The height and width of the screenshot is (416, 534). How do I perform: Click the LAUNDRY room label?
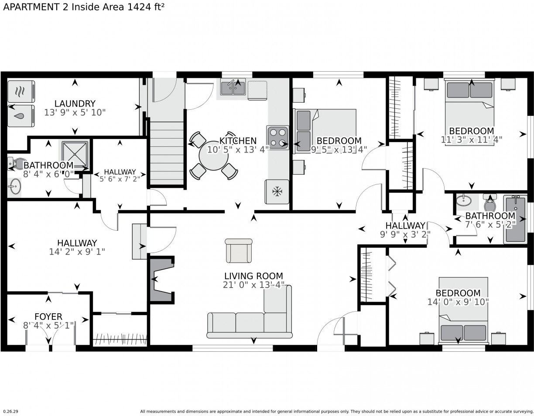pos(75,104)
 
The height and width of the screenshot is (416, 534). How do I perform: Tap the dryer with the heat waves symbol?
pos(21,91)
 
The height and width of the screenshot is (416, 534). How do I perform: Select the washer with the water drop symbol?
pos(21,116)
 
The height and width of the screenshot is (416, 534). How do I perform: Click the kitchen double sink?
pos(233,88)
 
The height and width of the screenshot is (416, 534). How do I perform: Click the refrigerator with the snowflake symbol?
pos(277,192)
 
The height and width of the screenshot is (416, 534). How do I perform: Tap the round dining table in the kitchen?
pos(213,156)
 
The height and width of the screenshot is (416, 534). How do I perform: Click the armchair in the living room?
pos(239,250)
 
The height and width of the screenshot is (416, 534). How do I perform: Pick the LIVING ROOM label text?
pos(253,276)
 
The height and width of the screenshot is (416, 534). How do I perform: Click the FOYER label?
pos(48,316)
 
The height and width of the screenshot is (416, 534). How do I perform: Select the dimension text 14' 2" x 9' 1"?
pos(77,252)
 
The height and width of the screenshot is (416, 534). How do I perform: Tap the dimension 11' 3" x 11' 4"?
pos(471,140)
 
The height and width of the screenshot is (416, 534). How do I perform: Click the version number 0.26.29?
pos(11,411)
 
